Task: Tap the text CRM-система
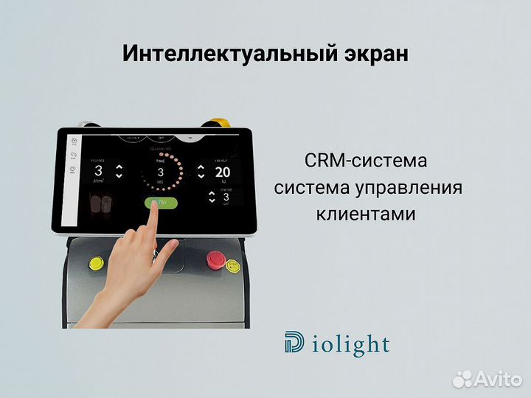click(x=365, y=160)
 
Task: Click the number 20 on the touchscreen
click(x=222, y=172)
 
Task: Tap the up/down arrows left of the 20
click(x=201, y=172)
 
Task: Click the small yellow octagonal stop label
click(x=233, y=264)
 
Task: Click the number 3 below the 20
click(x=226, y=197)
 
